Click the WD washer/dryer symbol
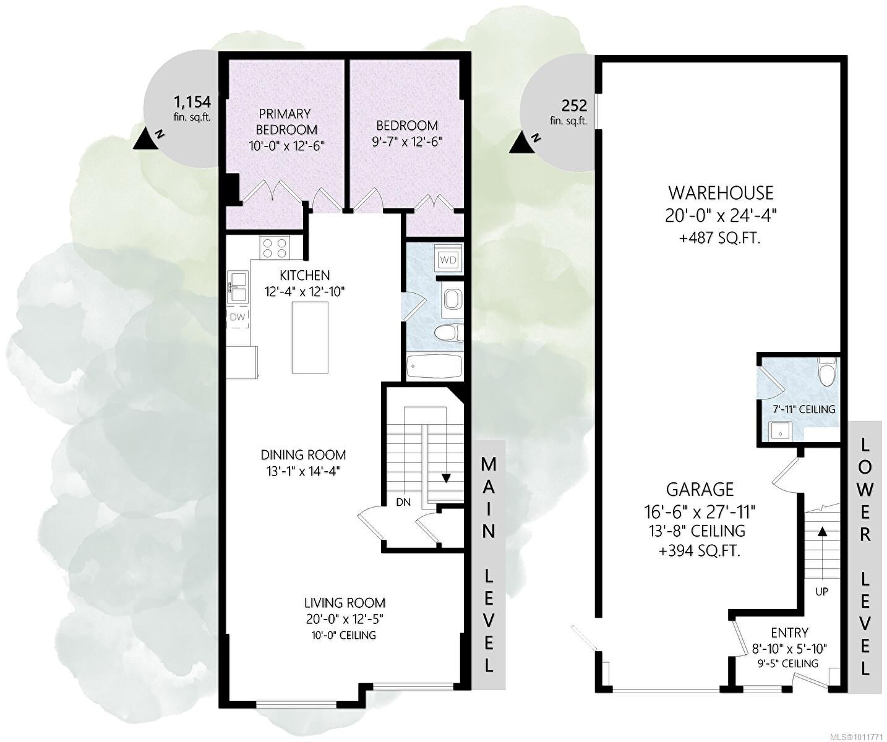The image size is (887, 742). (x=448, y=259)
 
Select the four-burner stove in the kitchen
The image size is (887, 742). (x=275, y=248)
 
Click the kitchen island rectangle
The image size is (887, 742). (x=310, y=337)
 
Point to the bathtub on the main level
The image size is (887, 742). (x=434, y=366)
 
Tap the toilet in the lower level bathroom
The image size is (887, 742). (x=826, y=371)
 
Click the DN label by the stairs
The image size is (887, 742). (x=403, y=503)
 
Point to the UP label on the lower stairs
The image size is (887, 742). (x=821, y=591)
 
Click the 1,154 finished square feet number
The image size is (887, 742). (x=192, y=102)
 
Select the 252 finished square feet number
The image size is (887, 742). (x=574, y=105)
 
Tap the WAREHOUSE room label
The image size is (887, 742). (x=721, y=193)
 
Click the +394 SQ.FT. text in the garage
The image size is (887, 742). (x=699, y=551)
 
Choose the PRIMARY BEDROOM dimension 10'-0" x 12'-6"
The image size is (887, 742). (x=286, y=146)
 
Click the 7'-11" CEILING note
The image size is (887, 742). (x=803, y=409)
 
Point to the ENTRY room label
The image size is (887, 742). (x=789, y=633)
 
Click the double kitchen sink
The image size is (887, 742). (x=237, y=288)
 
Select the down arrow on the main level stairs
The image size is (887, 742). (x=445, y=478)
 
